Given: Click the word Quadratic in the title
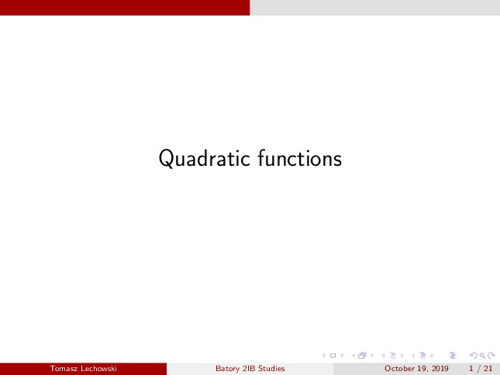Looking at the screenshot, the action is (205, 158).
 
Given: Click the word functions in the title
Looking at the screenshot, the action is (300, 158).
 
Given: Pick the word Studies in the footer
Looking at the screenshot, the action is (271, 369).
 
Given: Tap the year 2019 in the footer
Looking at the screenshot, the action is (440, 369).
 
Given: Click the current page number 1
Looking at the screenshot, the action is (471, 369).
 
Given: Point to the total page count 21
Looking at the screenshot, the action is (488, 369).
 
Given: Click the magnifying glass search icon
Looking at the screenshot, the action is (482, 356).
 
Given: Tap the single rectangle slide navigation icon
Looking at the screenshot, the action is (333, 356).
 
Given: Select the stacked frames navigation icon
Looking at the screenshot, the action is (362, 356).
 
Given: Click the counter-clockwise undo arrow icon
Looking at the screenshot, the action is (474, 356).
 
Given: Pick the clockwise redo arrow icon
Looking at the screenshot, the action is (491, 356).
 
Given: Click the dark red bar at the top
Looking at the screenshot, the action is (125, 8).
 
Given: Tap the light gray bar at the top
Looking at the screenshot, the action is (375, 8).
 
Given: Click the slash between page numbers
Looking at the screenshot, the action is (478, 369).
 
